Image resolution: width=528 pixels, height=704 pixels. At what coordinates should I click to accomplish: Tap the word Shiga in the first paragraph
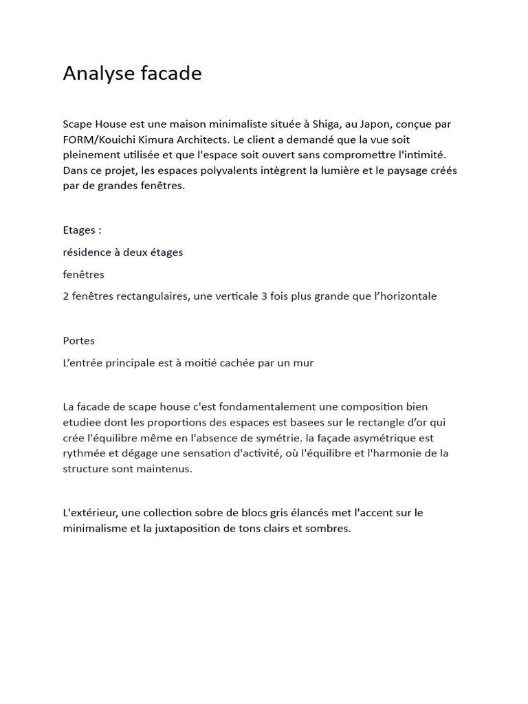[326, 124]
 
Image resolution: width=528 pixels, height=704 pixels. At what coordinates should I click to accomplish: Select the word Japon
[375, 124]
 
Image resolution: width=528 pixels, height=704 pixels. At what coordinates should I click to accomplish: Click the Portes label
[78, 340]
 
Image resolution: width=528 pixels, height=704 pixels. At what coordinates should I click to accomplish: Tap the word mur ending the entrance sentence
[303, 362]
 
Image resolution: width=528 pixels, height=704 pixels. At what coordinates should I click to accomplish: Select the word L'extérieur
[89, 513]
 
